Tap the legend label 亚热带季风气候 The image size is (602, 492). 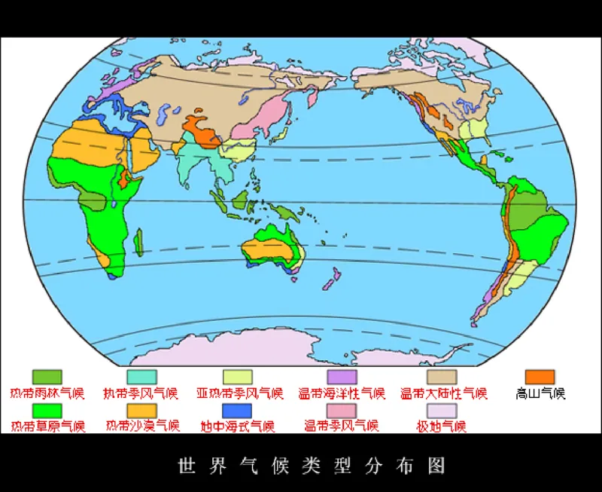pos(239,393)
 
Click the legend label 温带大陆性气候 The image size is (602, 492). pos(444,393)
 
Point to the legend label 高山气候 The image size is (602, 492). pos(540,393)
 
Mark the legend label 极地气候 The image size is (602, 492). pos(442,426)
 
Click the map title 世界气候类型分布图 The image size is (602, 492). pos(312,465)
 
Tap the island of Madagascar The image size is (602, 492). pos(138,243)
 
